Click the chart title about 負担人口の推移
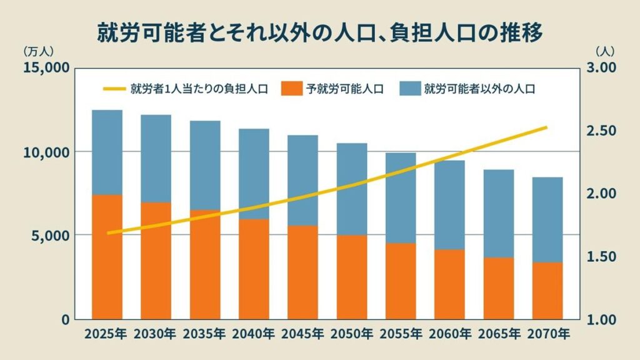tap(319, 31)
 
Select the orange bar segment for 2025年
tap(107, 256)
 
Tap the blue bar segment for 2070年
tap(547, 219)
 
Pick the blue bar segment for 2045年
tap(303, 180)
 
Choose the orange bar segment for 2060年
tap(449, 284)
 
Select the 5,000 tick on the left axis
tap(49, 236)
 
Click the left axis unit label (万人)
tap(39, 51)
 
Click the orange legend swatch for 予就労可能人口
tap(291, 89)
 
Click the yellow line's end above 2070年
tap(547, 127)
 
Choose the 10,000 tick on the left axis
tap(46, 152)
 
